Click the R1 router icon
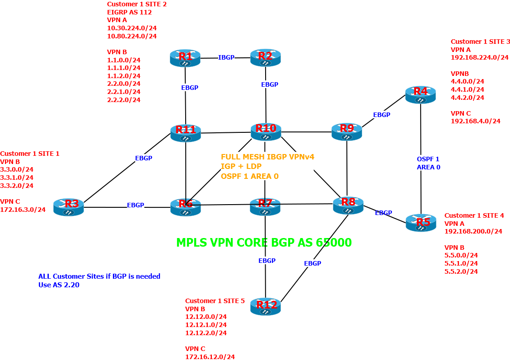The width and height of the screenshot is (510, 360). click(186, 58)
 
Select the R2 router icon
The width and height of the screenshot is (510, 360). click(265, 58)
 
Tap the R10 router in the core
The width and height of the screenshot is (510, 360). click(266, 131)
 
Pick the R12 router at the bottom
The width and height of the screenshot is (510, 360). click(266, 306)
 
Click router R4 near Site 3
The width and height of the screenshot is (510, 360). click(420, 94)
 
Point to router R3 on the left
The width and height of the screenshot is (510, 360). click(68, 207)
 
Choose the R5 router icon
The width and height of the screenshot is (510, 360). click(421, 223)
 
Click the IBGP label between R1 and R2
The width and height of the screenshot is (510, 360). click(226, 57)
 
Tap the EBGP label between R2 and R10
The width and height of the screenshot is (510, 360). click(270, 84)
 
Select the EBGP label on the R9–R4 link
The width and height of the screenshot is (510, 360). click(381, 115)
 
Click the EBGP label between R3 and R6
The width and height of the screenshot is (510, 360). click(135, 205)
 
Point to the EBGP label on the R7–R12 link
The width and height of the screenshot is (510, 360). click(267, 261)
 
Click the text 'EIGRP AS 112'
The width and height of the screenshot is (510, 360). click(129, 12)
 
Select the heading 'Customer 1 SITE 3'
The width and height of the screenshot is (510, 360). click(480, 42)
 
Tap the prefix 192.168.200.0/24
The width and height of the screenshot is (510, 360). click(473, 231)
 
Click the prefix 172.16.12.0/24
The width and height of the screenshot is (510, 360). click(210, 357)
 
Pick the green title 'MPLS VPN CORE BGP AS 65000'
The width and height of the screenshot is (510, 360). click(264, 243)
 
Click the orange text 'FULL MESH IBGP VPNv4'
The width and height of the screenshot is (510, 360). click(267, 157)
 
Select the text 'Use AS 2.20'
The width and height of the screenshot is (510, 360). click(59, 285)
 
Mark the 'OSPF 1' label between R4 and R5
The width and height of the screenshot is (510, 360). click(427, 159)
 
